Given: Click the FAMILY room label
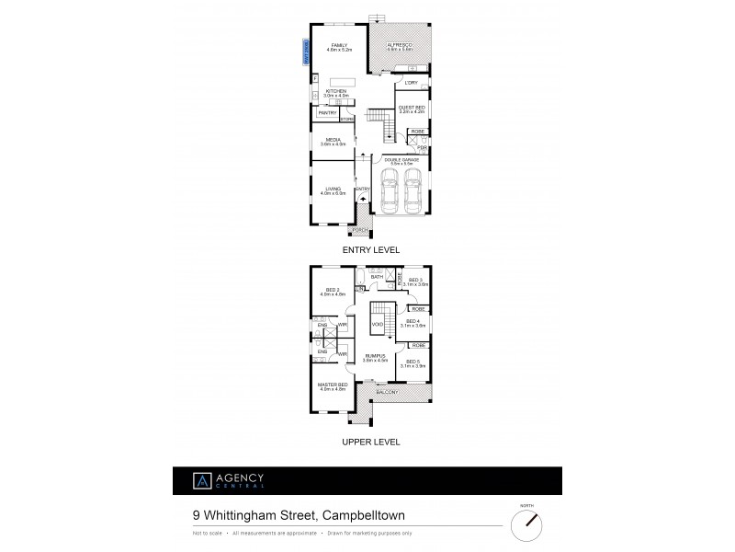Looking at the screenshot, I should (x=338, y=45).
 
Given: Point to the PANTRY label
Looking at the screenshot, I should (x=327, y=113).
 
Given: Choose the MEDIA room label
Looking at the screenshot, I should (x=333, y=139).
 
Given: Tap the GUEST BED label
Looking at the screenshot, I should (x=410, y=108).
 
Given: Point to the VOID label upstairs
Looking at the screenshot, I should (x=377, y=325).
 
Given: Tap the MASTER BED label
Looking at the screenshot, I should (x=332, y=385).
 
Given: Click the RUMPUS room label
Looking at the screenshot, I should (x=372, y=356).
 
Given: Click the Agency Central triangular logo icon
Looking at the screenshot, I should (x=197, y=480).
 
